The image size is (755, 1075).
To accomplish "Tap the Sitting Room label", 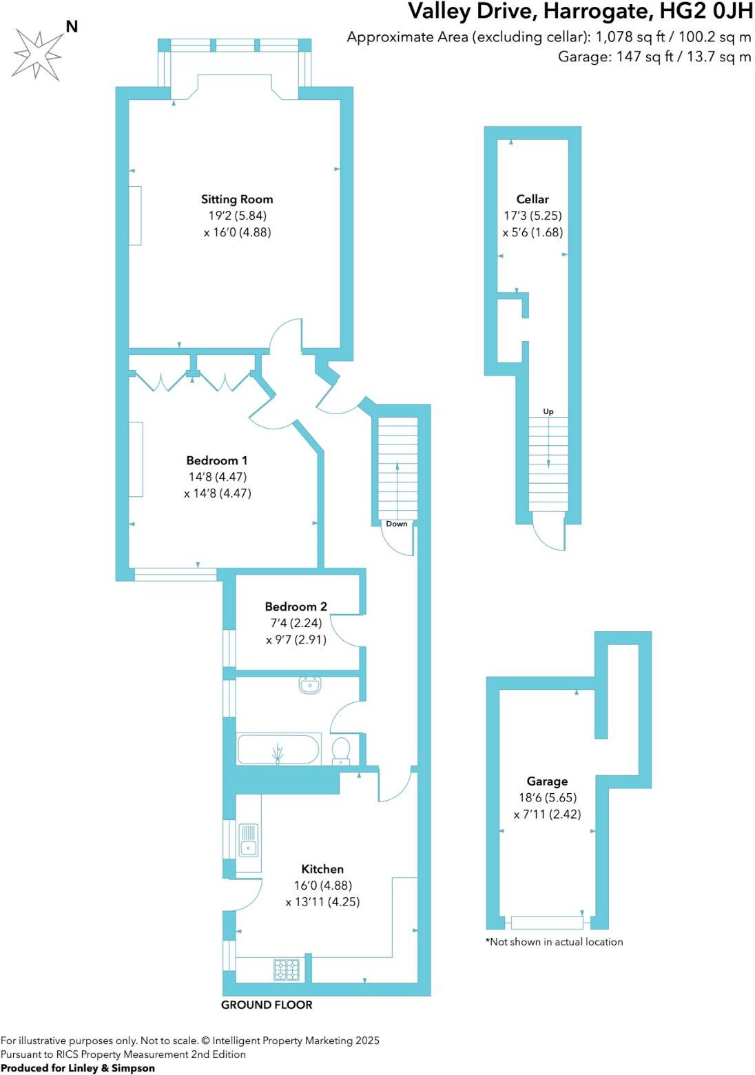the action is (237, 199).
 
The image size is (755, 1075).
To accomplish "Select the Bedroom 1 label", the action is (217, 460).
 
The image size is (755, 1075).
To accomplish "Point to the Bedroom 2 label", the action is (296, 606).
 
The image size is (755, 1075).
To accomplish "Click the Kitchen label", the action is (322, 869).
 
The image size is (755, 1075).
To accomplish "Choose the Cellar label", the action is (532, 199).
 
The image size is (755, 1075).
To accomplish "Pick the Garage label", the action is (547, 781).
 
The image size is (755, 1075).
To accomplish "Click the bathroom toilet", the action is (342, 750).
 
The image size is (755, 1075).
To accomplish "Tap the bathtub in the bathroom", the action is (278, 749).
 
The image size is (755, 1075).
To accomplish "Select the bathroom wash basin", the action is (310, 684).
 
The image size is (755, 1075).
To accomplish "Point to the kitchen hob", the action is (287, 970).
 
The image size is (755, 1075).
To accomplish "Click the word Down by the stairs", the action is (397, 524).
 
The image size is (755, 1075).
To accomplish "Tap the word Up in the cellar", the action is (548, 411).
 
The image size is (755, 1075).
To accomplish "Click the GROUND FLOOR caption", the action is (267, 1005).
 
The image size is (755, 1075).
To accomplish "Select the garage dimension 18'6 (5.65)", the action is (548, 797).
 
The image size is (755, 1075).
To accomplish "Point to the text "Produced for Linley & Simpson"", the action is (78, 1068).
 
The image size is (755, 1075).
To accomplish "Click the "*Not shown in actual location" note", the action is (555, 941).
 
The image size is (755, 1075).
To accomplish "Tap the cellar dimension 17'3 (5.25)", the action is (532, 216).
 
